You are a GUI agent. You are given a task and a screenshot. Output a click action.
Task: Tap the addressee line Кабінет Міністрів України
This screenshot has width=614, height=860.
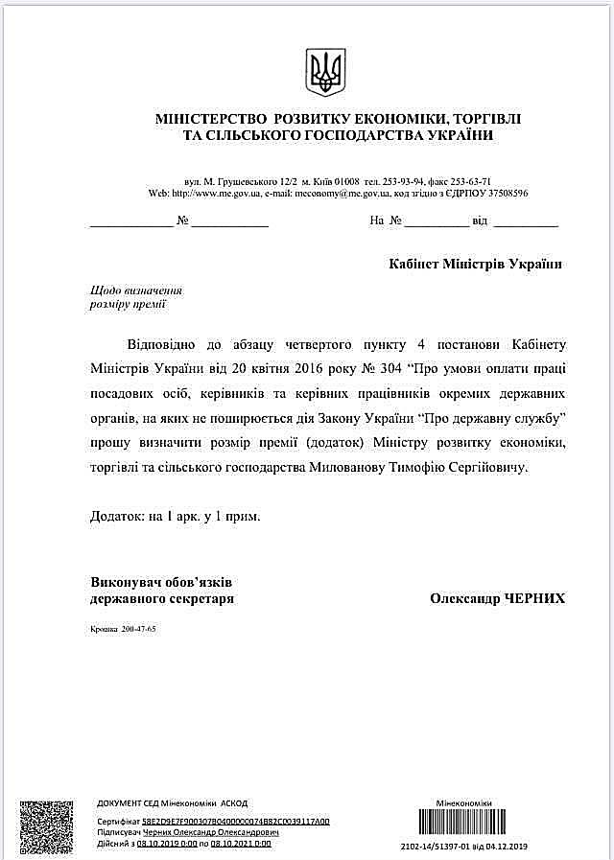coord(475,264)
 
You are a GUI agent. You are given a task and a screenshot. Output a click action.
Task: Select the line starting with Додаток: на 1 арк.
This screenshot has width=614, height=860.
coord(176,516)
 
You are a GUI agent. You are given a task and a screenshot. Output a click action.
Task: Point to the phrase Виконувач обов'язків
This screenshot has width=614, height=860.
coord(162,582)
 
